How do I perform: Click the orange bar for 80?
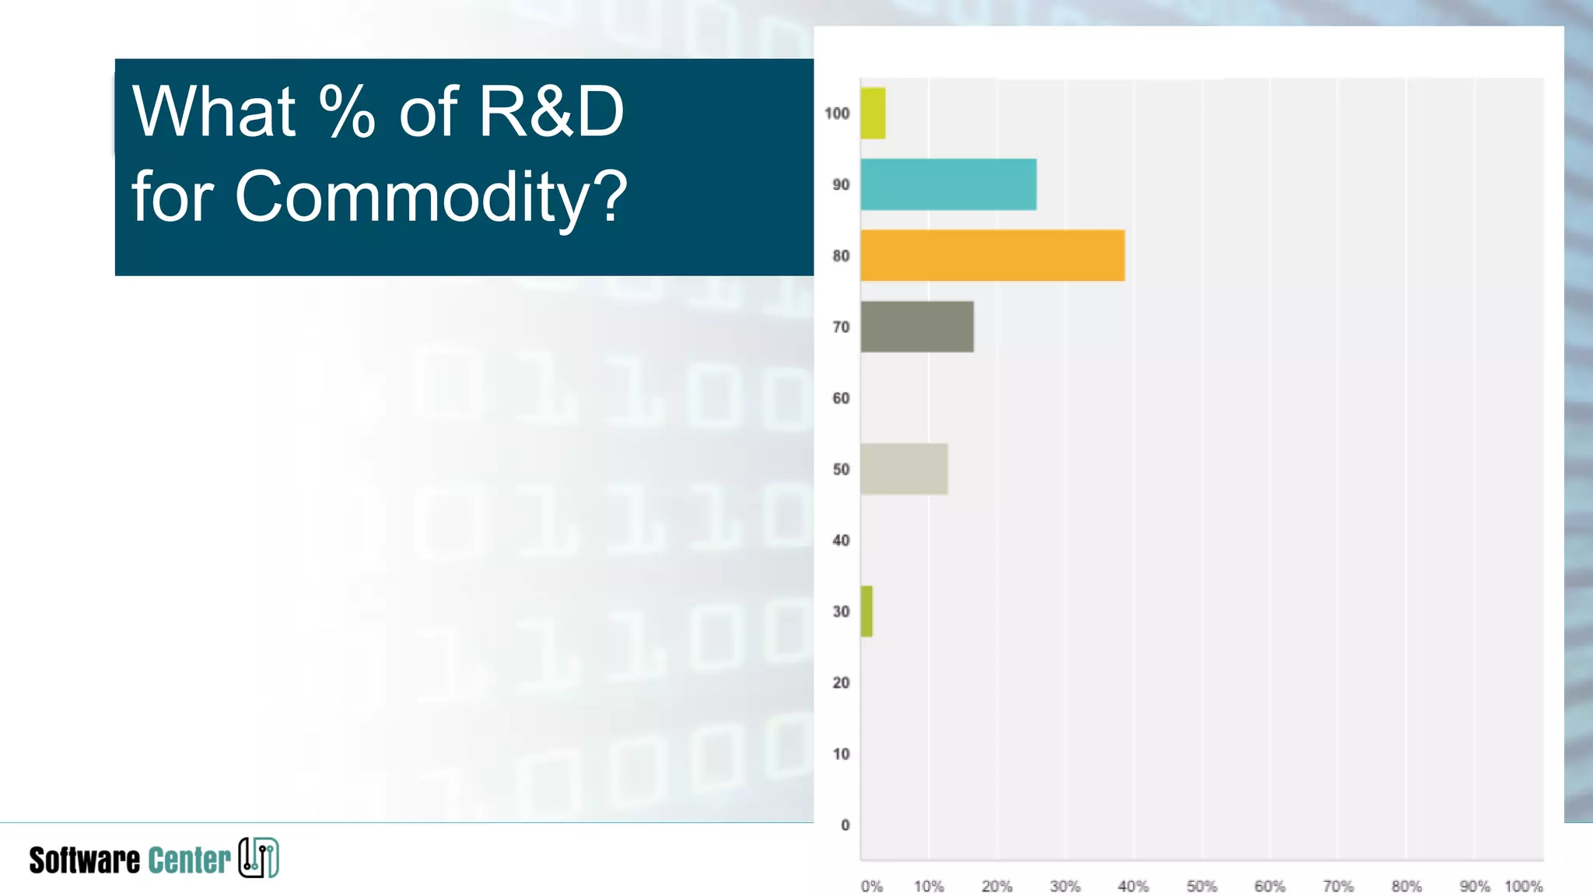(x=992, y=255)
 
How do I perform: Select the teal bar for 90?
(x=948, y=184)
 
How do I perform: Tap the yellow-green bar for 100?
(x=873, y=114)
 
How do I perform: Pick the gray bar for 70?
(x=917, y=327)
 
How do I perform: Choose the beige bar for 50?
(x=904, y=469)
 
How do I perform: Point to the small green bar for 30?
(x=867, y=611)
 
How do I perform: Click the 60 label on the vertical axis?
(x=841, y=398)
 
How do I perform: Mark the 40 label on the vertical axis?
(x=841, y=541)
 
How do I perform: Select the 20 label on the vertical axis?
(x=841, y=683)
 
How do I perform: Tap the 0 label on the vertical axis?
(x=846, y=825)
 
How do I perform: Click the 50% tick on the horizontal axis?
(x=1201, y=887)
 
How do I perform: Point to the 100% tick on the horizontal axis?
(x=1523, y=887)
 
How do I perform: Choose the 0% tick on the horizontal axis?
(x=872, y=887)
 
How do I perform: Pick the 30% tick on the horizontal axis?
(x=1065, y=887)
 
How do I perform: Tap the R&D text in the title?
(x=551, y=112)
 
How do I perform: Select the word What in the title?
(x=214, y=112)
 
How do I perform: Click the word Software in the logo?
(x=85, y=860)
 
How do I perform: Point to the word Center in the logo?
(x=189, y=860)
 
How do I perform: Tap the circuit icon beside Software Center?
(x=258, y=858)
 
